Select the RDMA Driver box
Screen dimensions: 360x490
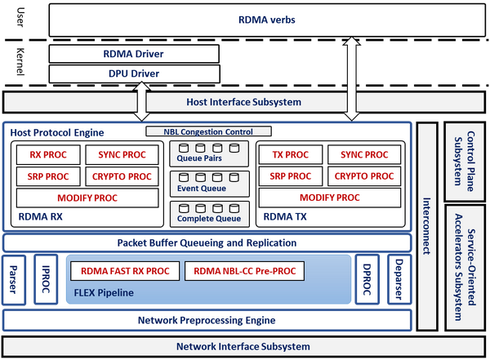coord(134,54)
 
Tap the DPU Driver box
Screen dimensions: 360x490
coord(134,73)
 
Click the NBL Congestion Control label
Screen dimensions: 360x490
coord(209,131)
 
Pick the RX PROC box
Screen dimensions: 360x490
coord(48,154)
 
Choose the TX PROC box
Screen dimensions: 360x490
coord(290,154)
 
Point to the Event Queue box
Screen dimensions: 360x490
coord(208,183)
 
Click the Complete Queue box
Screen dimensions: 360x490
coord(208,214)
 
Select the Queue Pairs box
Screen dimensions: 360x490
coord(208,153)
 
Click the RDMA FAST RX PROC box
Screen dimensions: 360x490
coord(125,271)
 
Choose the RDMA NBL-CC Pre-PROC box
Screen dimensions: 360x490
coord(245,271)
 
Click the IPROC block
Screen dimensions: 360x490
coord(44,280)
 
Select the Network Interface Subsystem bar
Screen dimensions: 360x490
coord(243,346)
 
